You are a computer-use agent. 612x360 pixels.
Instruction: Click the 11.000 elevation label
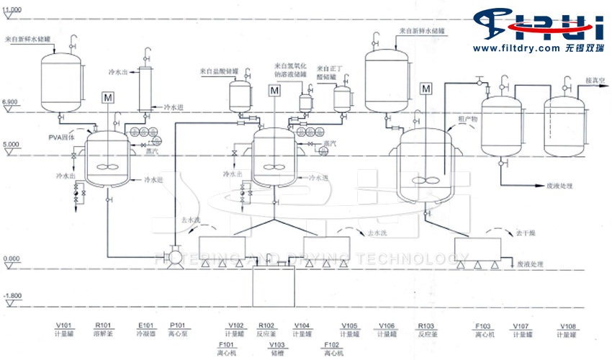click(x=12, y=8)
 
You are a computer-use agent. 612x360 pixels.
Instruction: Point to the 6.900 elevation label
click(x=10, y=103)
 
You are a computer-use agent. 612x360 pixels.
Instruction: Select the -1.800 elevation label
click(x=12, y=297)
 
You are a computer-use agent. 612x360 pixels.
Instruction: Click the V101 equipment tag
click(x=63, y=325)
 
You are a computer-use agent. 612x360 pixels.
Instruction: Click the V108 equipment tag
click(x=567, y=325)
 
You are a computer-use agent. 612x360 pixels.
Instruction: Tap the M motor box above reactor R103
click(x=426, y=89)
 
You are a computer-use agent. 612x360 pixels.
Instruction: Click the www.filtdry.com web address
click(x=517, y=48)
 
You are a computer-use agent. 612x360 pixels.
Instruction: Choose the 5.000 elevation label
click(x=10, y=145)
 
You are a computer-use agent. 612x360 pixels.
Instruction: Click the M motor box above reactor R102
click(x=274, y=91)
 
